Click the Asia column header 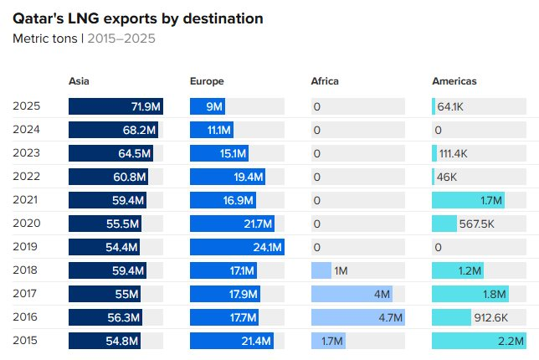click(x=79, y=81)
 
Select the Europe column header click(x=207, y=81)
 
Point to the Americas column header click(x=454, y=81)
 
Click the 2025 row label click(x=27, y=106)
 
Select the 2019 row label click(x=27, y=247)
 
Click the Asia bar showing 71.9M click(x=116, y=106)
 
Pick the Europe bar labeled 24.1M click(x=237, y=247)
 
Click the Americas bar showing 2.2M click(x=479, y=341)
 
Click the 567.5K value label click(x=477, y=224)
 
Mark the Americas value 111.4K click(x=453, y=154)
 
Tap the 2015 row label click(x=27, y=341)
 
